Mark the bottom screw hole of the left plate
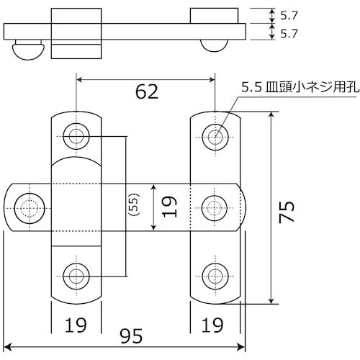76,274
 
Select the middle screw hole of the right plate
215,207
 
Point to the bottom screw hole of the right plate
215,274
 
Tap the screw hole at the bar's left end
30,207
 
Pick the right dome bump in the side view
215,46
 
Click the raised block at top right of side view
215,15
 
